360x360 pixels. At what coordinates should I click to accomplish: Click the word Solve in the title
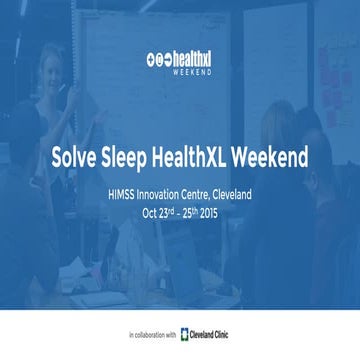click(x=77, y=157)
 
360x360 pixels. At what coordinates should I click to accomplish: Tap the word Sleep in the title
click(x=128, y=157)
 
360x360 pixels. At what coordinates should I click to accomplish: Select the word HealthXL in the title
click(x=197, y=157)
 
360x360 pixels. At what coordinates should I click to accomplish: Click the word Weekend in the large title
click(x=272, y=157)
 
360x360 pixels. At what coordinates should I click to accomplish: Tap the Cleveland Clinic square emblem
click(x=186, y=333)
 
